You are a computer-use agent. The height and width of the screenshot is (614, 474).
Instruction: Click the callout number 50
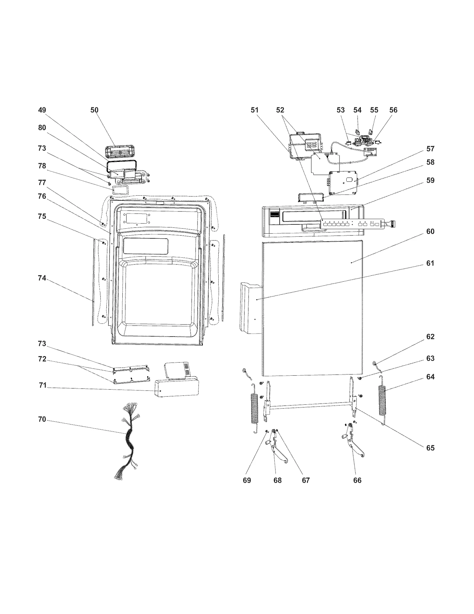pos(94,110)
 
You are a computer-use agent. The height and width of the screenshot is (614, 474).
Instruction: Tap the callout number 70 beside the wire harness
pos(42,419)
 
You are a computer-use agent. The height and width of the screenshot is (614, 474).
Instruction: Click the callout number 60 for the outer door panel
pos(430,231)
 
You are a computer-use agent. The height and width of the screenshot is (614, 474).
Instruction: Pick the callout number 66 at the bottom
pos(357,480)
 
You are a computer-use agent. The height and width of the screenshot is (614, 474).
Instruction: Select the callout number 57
pos(430,149)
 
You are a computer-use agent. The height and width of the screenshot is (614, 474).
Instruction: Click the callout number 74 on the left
pos(42,278)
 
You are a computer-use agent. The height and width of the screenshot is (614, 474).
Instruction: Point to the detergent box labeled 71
pos(176,387)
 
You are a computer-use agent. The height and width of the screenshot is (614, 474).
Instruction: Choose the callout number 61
pos(430,263)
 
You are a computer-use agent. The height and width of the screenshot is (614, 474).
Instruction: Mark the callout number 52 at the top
pos(280,110)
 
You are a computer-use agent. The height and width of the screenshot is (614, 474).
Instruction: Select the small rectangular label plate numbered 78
pos(120,190)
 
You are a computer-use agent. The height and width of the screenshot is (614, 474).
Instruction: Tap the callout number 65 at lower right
pos(430,448)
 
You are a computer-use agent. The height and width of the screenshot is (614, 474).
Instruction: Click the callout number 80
pos(42,127)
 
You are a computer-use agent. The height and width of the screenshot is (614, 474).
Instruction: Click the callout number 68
pos(277,480)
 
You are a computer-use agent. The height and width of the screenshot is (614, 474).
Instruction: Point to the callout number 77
pos(42,183)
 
